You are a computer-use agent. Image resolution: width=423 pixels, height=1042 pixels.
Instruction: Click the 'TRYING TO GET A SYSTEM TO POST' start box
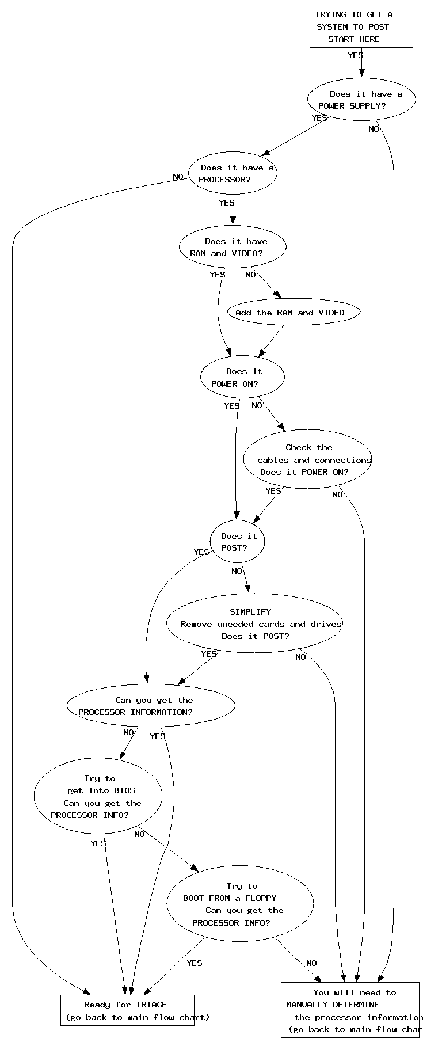[x=361, y=26]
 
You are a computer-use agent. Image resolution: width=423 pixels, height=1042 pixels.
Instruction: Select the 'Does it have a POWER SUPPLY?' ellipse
[x=361, y=100]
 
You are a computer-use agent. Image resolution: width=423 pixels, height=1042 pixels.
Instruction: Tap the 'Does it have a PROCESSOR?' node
[x=233, y=173]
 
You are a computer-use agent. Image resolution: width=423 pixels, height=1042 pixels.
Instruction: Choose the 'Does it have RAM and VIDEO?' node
[x=233, y=247]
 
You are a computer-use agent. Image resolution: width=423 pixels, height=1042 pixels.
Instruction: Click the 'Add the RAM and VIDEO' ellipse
[x=294, y=313]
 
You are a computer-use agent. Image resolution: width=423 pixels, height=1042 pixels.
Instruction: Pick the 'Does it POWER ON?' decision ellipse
[x=242, y=377]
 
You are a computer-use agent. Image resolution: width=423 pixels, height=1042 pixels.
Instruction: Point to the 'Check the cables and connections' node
[x=308, y=459]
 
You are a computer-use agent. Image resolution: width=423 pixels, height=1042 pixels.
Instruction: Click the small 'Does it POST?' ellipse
[x=237, y=542]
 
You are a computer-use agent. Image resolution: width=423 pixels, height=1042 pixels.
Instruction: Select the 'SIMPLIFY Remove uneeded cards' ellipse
[x=255, y=624]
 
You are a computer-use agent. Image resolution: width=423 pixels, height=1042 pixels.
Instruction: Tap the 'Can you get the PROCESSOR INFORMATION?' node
[x=151, y=706]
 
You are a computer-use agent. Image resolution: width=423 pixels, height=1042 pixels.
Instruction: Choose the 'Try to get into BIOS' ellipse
[x=98, y=796]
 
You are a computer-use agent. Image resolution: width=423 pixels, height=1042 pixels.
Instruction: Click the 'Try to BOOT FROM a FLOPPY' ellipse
[x=240, y=904]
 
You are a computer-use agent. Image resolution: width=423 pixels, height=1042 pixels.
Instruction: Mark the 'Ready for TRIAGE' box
[x=127, y=1011]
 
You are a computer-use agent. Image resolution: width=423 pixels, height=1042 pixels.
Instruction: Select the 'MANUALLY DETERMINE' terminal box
[x=350, y=1010]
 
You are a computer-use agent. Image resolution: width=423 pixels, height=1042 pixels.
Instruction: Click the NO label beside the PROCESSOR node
[x=178, y=177]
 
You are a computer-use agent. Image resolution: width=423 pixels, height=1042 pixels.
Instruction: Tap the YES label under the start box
[x=356, y=55]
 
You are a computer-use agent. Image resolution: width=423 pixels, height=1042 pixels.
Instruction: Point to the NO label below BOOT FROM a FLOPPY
[x=311, y=963]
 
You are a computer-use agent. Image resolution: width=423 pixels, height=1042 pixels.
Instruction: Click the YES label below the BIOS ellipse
[x=98, y=843]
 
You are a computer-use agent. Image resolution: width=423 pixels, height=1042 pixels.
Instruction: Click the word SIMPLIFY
[x=250, y=612]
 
